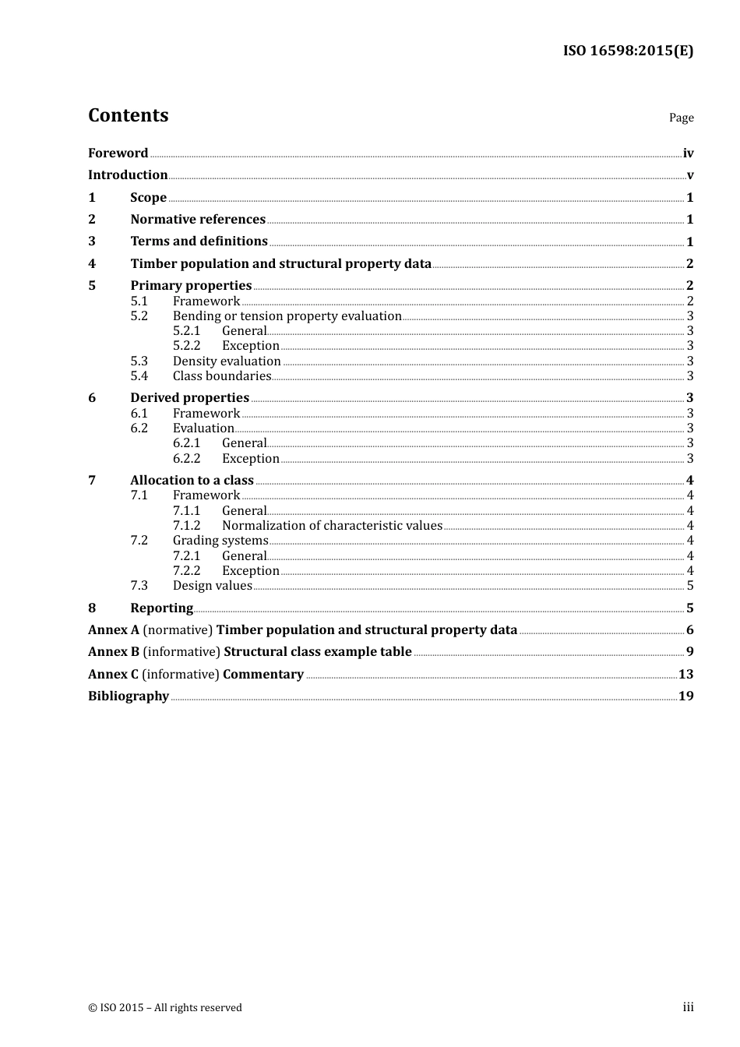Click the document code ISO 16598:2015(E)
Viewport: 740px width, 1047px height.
coord(628,51)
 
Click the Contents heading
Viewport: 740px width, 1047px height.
coord(128,115)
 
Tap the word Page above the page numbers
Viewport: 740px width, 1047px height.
coord(681,118)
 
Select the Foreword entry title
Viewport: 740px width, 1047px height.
coord(118,153)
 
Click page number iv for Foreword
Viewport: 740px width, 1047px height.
coord(688,153)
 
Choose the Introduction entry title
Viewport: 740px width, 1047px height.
coord(128,175)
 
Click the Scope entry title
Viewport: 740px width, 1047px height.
coord(148,198)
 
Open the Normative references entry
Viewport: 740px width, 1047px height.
coord(198,220)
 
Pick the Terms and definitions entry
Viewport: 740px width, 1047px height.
coord(199,241)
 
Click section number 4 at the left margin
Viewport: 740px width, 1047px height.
coord(92,264)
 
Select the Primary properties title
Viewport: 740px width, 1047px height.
coord(191,286)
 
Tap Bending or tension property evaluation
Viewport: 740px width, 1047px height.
coord(287,316)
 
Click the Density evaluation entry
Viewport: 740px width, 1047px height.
coord(227,361)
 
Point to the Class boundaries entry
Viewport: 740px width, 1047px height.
coord(222,376)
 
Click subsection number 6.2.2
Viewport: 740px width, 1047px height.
coord(186,459)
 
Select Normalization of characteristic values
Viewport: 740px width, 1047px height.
coord(332,526)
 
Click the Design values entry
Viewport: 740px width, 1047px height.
coord(213,586)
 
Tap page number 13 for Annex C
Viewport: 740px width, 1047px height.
coord(685,675)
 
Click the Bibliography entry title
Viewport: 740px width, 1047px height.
coord(129,696)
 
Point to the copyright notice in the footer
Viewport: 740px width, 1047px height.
coord(165,1008)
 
